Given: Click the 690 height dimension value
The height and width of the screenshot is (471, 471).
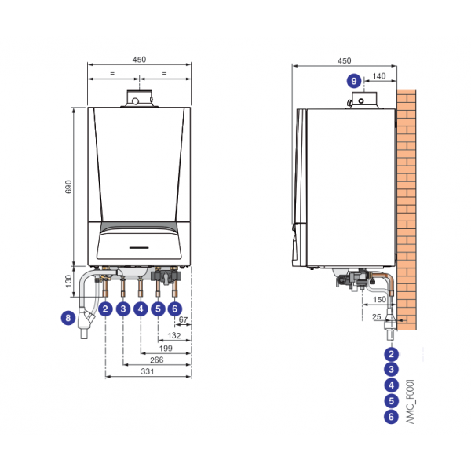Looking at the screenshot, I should click(68, 187).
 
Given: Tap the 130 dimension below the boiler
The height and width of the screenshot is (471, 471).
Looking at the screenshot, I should click(68, 281).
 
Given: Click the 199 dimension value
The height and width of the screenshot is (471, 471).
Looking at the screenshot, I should click(166, 347).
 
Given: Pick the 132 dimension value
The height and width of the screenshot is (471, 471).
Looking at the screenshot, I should click(174, 334).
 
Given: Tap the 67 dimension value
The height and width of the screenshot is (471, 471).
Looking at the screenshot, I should click(184, 320).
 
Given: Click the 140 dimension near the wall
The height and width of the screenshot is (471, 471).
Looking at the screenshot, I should click(379, 76).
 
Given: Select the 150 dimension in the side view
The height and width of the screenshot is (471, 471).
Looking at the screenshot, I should click(378, 299).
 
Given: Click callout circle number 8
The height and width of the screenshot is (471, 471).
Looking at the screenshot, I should click(68, 318).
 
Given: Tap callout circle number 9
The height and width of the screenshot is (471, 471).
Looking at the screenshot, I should click(354, 80).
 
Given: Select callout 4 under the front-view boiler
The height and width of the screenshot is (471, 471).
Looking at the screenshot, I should click(140, 309).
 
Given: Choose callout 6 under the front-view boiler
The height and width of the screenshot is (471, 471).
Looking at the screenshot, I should click(174, 309).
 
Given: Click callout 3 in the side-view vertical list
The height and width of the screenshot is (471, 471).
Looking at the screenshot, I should click(391, 369).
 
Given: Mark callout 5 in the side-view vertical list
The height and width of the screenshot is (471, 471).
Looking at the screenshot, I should click(391, 401).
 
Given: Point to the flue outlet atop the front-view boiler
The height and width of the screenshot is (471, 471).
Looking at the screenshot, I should click(139, 99).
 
